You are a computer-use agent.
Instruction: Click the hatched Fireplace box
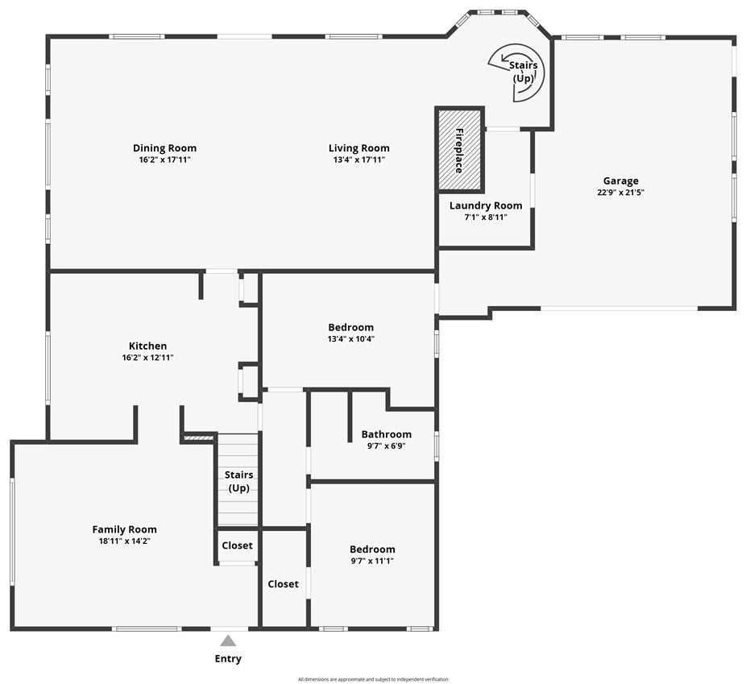coord(459,151)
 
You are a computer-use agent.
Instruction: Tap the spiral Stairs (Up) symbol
coord(519,73)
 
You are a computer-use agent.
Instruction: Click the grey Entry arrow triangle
coord(228,641)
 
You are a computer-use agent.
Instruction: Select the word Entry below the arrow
coord(228,658)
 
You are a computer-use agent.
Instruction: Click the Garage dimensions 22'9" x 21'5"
coord(620,193)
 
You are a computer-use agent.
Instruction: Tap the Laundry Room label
coord(486,205)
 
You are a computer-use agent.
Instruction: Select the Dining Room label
coord(164,148)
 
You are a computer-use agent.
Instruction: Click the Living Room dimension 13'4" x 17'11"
coord(358,160)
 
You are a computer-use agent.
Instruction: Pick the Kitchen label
coord(148,346)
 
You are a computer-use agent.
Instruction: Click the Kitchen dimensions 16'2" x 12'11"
coord(148,357)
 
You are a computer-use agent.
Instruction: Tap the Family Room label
coord(124,529)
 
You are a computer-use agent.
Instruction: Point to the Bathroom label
coord(386,434)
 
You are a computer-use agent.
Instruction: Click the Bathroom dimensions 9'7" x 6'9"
coord(386,446)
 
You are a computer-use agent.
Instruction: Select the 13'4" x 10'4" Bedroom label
coord(350,327)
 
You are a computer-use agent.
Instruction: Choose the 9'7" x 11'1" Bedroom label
coord(372,549)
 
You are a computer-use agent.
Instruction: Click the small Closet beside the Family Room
coord(237,545)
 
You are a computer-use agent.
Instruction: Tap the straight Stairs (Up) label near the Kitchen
coord(238,482)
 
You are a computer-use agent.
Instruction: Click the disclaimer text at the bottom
coord(372,679)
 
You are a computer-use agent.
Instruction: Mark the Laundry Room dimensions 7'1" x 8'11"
coord(486,217)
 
